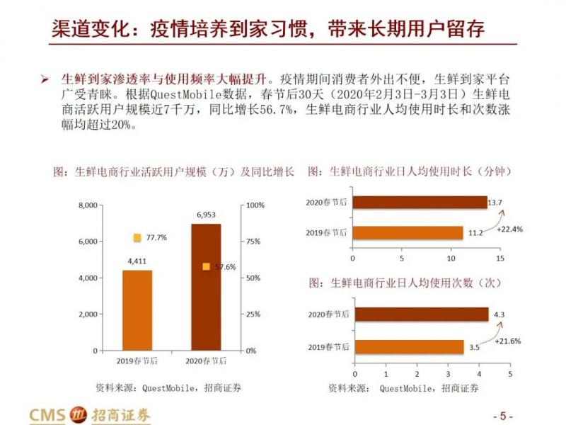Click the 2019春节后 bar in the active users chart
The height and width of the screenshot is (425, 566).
click(137, 310)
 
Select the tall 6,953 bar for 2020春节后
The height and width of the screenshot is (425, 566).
click(206, 287)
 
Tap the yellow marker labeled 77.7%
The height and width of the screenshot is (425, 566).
click(138, 238)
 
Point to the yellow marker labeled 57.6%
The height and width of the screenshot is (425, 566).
click(206, 267)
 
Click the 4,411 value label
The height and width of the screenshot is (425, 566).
click(137, 261)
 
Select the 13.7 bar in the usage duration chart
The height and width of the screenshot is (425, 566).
click(419, 203)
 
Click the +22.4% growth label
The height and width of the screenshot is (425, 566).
click(509, 229)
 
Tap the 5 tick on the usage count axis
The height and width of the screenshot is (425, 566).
click(509, 373)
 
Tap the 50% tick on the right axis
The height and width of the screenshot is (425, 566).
click(253, 278)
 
